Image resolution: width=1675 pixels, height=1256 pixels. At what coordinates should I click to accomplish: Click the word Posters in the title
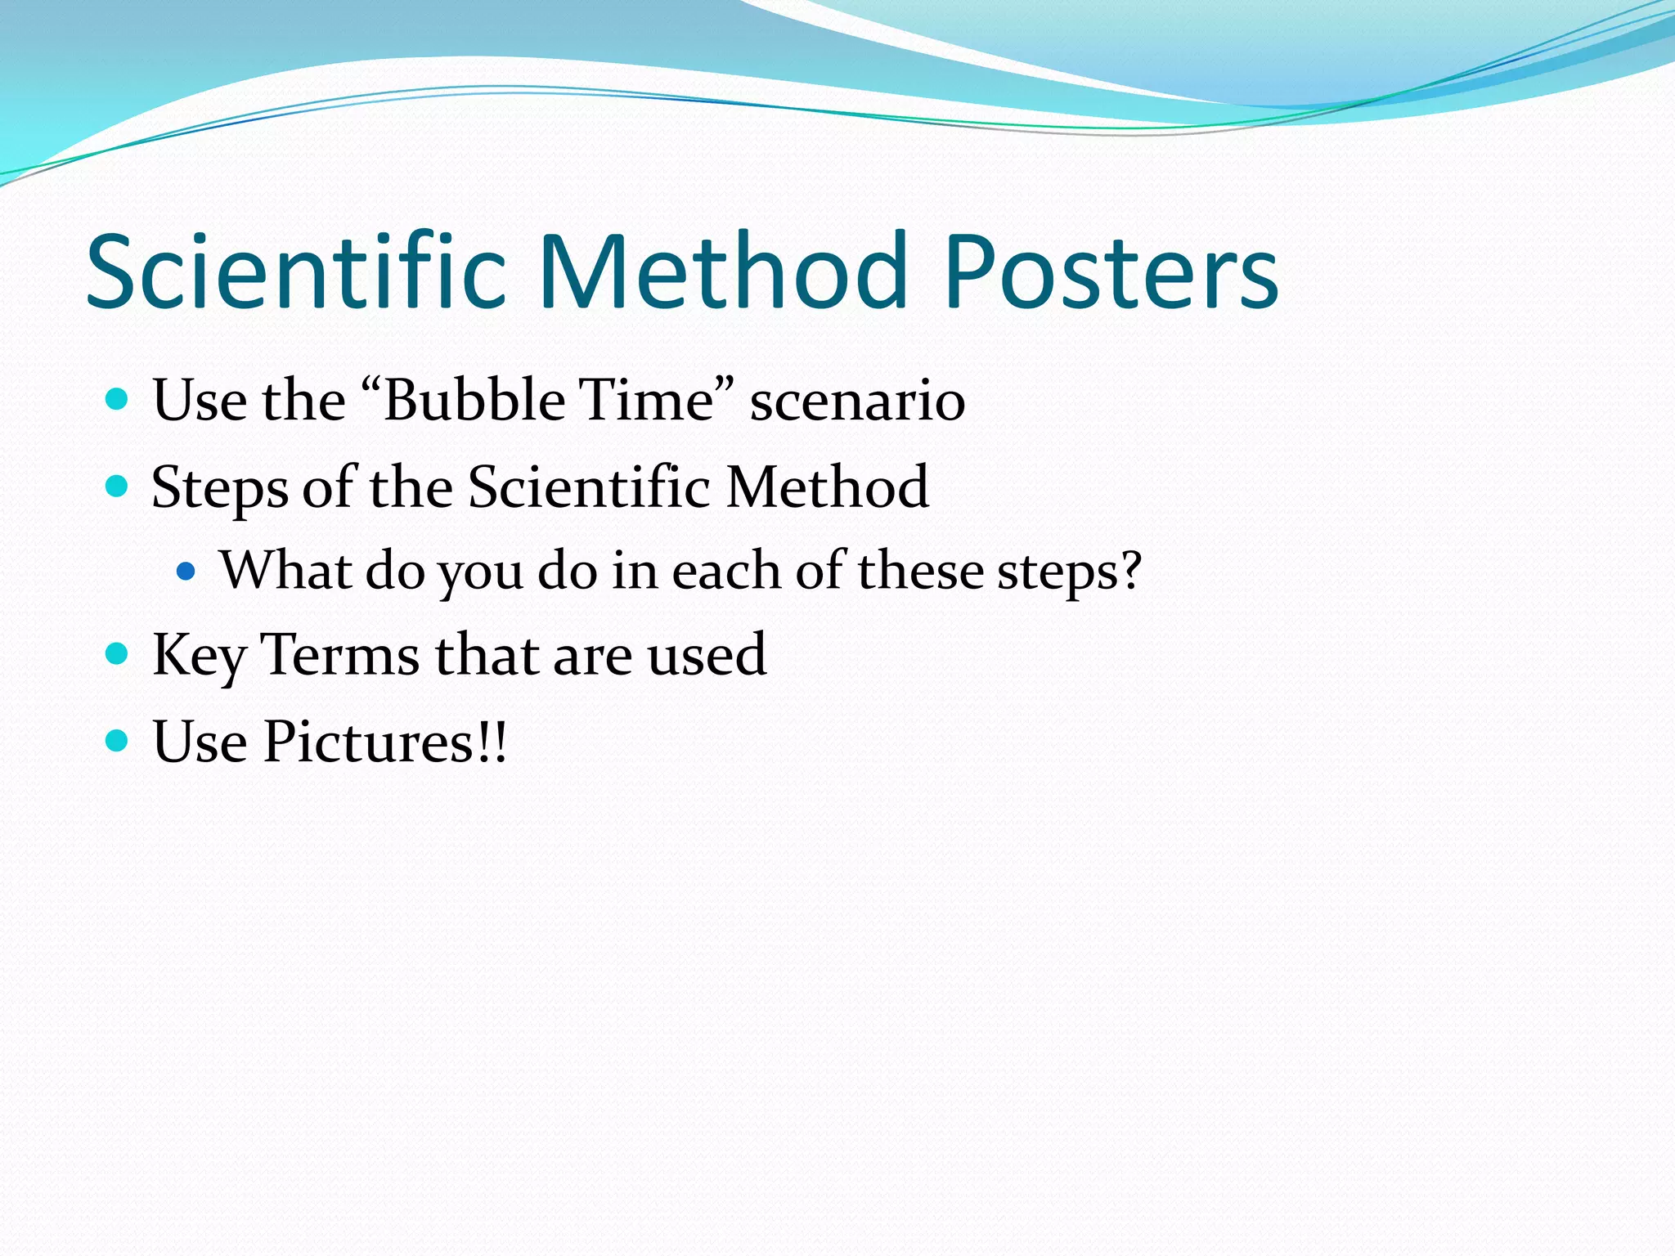pyautogui.click(x=1111, y=272)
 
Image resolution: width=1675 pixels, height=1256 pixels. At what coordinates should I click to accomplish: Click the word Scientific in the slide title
pyautogui.click(x=296, y=272)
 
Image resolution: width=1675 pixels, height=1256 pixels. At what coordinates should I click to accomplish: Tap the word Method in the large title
pyautogui.click(x=723, y=272)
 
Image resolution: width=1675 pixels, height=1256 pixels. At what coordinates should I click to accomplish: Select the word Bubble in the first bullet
pyautogui.click(x=474, y=401)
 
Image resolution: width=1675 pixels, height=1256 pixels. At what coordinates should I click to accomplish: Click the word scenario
pyautogui.click(x=857, y=402)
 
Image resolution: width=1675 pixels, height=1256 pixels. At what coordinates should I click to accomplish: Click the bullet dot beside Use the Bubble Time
pyautogui.click(x=118, y=400)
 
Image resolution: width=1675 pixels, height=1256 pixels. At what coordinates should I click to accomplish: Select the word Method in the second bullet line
pyautogui.click(x=827, y=487)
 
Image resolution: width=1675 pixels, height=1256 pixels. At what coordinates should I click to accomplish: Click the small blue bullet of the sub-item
pyautogui.click(x=186, y=571)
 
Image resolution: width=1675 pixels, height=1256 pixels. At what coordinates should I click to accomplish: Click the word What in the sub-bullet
pyautogui.click(x=285, y=570)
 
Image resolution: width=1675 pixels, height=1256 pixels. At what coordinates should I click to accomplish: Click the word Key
pyautogui.click(x=199, y=657)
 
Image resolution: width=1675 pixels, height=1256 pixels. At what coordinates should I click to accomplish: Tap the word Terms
pyautogui.click(x=340, y=655)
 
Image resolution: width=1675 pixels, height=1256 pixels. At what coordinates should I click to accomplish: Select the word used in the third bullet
pyautogui.click(x=707, y=655)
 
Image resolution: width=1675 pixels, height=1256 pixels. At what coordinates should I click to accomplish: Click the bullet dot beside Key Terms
pyautogui.click(x=118, y=653)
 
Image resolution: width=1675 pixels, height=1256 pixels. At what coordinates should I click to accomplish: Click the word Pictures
pyautogui.click(x=368, y=742)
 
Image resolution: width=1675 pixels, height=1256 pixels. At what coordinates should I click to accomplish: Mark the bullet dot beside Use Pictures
pyautogui.click(x=118, y=741)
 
